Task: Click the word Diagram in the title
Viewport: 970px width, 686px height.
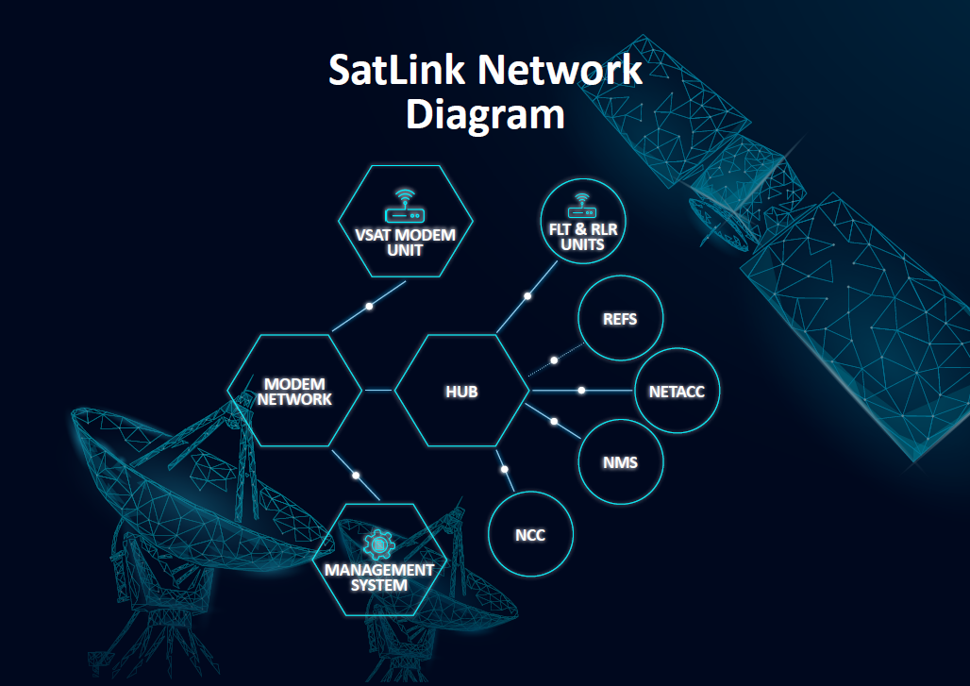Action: (x=485, y=114)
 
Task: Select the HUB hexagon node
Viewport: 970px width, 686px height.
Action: (x=461, y=391)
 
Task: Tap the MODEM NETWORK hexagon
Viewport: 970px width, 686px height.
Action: (x=294, y=391)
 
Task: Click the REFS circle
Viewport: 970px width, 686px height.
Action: (x=620, y=319)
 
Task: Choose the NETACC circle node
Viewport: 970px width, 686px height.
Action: (x=677, y=391)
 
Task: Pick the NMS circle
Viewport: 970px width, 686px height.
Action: (x=620, y=462)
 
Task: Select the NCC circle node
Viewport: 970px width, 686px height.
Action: (x=530, y=535)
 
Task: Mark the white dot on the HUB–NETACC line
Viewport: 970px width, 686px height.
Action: (x=582, y=390)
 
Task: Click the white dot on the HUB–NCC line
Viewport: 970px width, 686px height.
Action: (x=505, y=469)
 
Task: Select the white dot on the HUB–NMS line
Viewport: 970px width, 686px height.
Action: (x=555, y=421)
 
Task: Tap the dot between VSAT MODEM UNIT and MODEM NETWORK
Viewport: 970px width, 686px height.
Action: (x=370, y=306)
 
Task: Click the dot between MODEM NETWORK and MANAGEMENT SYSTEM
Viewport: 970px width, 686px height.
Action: (x=356, y=475)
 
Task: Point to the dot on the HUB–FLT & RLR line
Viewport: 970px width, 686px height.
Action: (x=528, y=296)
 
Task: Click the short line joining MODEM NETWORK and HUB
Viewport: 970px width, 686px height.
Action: (x=378, y=390)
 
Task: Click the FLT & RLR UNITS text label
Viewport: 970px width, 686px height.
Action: (x=581, y=236)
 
